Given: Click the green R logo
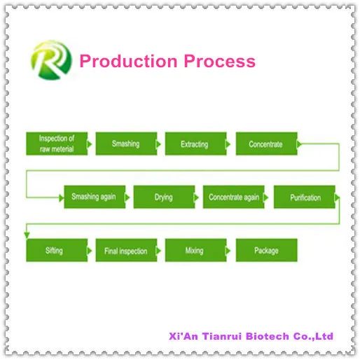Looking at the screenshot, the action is (51, 60).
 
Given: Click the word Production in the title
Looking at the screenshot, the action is (128, 61).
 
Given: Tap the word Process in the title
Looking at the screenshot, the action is (219, 61).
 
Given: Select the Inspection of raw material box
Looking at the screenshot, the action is (57, 144).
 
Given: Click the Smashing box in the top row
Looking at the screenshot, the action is (126, 144).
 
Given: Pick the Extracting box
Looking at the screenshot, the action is (195, 144).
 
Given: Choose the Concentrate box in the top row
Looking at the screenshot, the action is (266, 144).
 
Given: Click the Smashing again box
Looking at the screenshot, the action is (95, 197).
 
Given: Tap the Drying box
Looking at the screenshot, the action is (164, 197).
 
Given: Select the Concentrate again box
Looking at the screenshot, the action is (233, 197).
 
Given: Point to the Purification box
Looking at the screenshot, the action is (305, 197).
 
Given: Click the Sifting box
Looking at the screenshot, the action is (57, 250).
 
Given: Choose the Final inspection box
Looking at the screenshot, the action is (126, 250).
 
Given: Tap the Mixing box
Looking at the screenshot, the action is (195, 250).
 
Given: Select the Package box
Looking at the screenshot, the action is (266, 250).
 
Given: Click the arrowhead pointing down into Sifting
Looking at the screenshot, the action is (27, 235).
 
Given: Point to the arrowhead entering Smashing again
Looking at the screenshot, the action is (62, 198).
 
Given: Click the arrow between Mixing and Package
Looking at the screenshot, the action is (228, 251).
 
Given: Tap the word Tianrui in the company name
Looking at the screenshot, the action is (222, 336).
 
